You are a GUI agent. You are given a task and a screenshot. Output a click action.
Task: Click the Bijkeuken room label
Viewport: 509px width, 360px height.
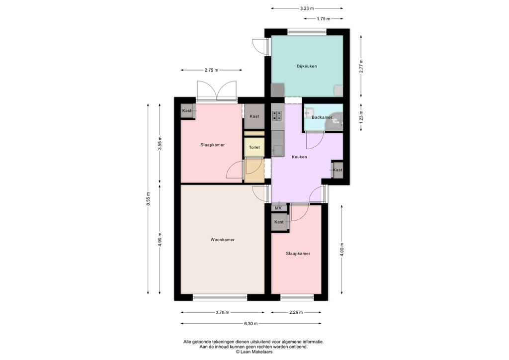[x=307, y=66]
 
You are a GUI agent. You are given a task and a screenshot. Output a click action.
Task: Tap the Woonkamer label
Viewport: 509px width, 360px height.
[x=222, y=240]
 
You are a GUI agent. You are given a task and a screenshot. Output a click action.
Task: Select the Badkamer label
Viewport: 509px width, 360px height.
[x=322, y=118]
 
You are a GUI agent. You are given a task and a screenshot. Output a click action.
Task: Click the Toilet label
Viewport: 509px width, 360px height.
[x=254, y=148]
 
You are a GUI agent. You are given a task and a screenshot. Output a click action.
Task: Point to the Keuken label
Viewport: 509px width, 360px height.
[x=299, y=157]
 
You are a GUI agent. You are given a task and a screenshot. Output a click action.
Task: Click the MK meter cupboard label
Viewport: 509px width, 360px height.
[x=278, y=208]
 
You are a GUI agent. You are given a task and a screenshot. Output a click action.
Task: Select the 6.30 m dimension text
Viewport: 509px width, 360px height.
[x=251, y=324]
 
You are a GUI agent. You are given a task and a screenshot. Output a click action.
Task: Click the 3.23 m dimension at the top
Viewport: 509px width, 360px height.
[x=307, y=8]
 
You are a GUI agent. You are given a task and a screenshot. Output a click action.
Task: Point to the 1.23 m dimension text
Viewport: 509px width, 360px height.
[x=361, y=118]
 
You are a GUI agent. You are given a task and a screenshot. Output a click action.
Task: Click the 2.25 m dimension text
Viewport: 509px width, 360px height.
[x=296, y=313]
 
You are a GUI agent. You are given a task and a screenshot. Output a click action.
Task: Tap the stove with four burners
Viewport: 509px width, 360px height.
[x=277, y=116]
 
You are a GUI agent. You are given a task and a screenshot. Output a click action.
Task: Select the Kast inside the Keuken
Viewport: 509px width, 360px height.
[x=338, y=170]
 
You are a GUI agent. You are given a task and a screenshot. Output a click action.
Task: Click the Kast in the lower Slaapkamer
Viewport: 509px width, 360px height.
[x=279, y=222]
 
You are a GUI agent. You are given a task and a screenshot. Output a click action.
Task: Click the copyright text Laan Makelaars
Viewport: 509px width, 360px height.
[x=254, y=352]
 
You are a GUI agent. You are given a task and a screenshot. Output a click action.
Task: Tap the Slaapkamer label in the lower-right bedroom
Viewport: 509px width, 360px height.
[x=298, y=254]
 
